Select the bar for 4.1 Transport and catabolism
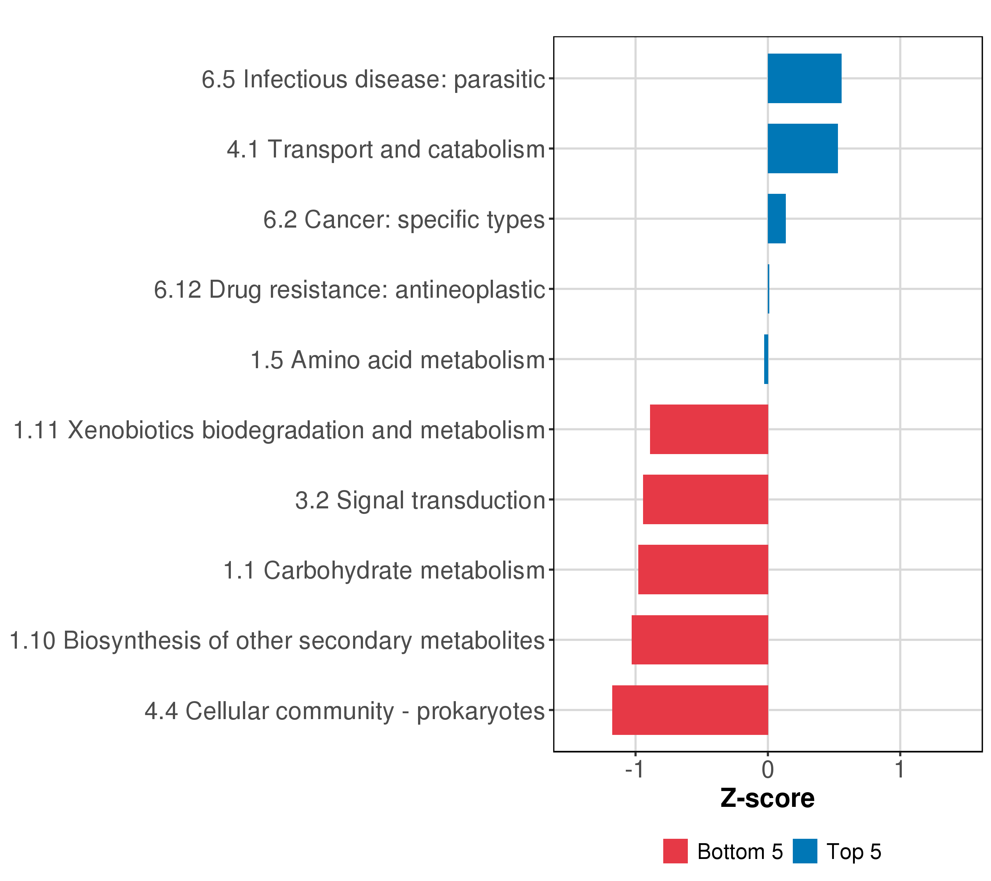click(802, 148)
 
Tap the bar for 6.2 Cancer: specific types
click(777, 219)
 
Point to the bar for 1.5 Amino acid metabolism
click(766, 359)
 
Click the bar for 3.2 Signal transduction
click(705, 499)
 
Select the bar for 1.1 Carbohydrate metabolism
click(703, 570)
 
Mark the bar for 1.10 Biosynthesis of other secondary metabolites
click(700, 640)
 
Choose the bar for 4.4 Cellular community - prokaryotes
click(690, 710)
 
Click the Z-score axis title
click(767, 798)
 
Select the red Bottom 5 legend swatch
click(675, 851)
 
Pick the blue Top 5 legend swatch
click(805, 851)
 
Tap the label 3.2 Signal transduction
click(420, 500)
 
